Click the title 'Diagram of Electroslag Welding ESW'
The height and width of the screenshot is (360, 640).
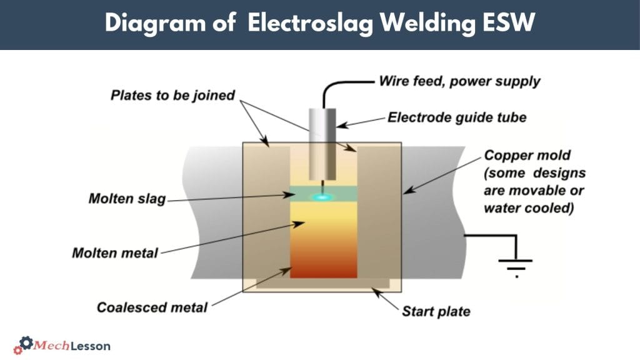pos(319,23)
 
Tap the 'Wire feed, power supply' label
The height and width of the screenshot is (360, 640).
pos(459,81)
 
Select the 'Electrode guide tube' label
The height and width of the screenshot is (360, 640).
pos(457,117)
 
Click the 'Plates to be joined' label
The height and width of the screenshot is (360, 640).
pos(172,96)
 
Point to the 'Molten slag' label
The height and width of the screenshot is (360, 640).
pos(127,199)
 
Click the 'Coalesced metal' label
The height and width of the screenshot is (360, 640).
pos(152,307)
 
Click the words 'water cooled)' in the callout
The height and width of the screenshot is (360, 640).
pos(529,208)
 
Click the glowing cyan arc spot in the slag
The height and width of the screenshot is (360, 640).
pos(322,197)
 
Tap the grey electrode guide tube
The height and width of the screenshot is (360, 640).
pos(323,144)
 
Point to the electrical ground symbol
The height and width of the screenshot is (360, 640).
pos(516,265)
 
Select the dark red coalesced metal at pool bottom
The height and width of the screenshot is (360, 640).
pos(323,269)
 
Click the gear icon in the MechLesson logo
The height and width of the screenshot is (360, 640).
pos(26,344)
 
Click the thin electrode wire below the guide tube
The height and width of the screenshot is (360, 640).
pos(323,186)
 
